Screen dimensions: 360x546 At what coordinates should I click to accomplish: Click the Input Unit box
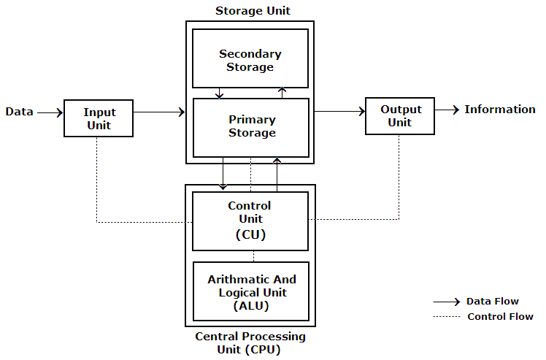click(x=99, y=118)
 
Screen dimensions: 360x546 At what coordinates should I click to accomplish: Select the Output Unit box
click(x=399, y=115)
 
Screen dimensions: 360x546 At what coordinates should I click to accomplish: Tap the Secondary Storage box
click(x=250, y=59)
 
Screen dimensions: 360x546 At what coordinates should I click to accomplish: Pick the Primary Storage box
click(x=251, y=126)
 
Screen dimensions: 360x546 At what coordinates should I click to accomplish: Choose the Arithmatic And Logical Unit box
click(x=251, y=292)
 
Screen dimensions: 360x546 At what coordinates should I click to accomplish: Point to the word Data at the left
click(x=19, y=112)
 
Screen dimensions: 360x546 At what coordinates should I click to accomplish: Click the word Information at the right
click(x=500, y=110)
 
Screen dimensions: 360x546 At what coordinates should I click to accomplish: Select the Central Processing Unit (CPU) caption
click(x=250, y=342)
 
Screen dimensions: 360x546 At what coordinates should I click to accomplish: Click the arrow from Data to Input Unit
click(x=50, y=112)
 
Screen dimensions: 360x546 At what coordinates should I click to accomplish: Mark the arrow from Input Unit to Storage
click(x=159, y=112)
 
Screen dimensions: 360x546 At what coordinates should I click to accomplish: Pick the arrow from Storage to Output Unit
click(x=339, y=112)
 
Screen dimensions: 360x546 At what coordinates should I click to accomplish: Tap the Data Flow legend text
click(x=492, y=301)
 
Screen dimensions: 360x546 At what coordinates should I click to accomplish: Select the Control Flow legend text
click(x=499, y=316)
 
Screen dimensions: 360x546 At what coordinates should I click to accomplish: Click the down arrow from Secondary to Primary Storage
click(x=220, y=93)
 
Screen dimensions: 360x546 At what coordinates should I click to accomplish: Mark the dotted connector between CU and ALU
click(x=253, y=256)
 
